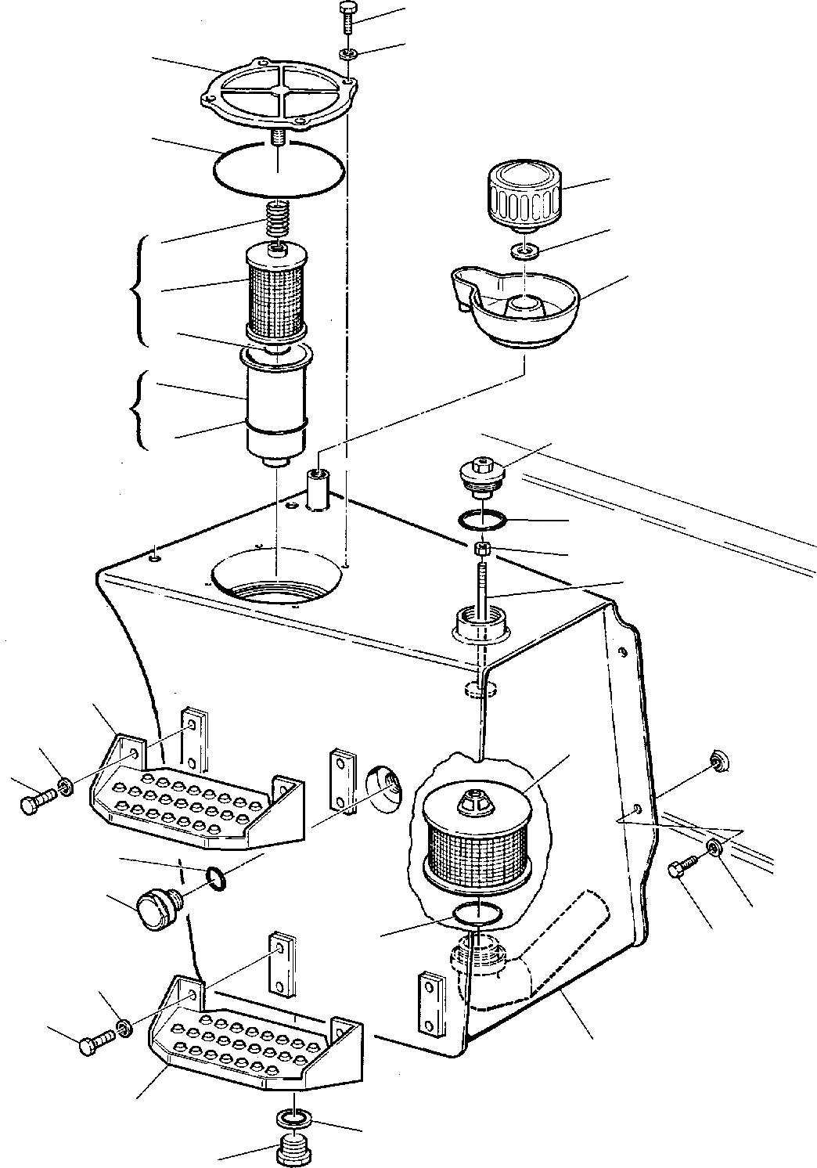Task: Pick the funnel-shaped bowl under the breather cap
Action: [x=516, y=307]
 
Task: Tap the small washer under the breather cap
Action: [x=524, y=251]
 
